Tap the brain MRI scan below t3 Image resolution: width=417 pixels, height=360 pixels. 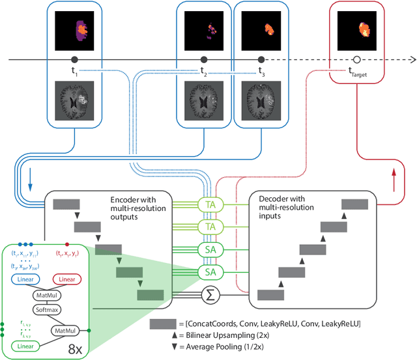(x=260, y=99)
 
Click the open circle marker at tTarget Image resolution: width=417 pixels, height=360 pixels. (x=357, y=59)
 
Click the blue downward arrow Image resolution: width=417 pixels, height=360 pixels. (x=29, y=186)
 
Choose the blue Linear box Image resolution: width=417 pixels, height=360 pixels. (x=27, y=279)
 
